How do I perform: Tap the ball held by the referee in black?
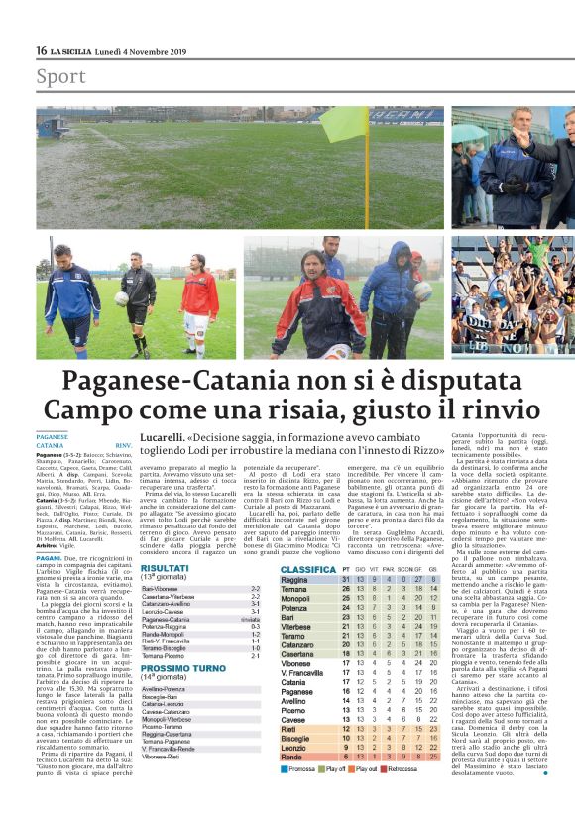122,295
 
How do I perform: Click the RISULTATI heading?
165,568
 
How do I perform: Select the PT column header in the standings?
345,570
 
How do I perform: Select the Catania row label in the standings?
292,682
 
